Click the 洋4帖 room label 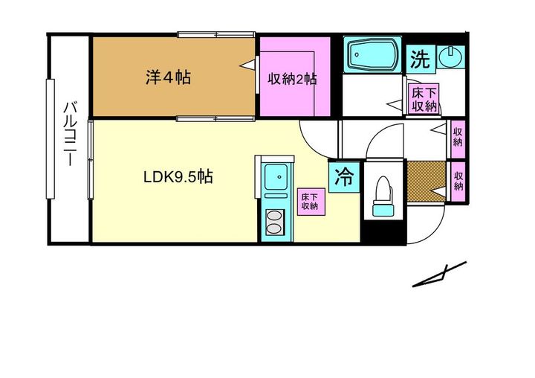(168, 77)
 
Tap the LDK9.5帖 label (178, 177)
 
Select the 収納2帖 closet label (292, 80)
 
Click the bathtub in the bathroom (373, 54)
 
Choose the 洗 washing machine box (421, 59)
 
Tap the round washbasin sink (450, 57)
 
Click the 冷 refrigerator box (344, 176)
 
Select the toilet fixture (383, 196)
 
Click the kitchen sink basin (276, 176)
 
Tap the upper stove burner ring (275, 216)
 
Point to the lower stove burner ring (275, 228)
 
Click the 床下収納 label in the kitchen (310, 202)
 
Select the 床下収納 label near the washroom (424, 100)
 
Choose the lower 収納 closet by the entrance (458, 181)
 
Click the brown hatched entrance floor (427, 181)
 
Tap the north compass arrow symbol (439, 274)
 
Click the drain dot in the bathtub (357, 54)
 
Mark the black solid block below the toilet (384, 232)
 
